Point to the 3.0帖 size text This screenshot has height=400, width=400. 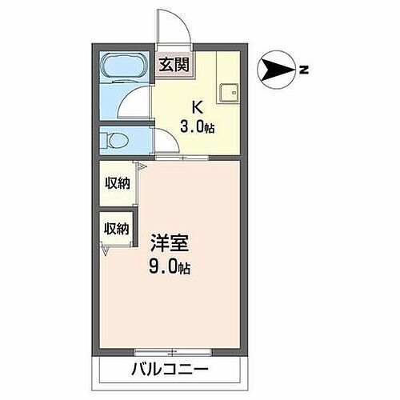[x=197, y=126]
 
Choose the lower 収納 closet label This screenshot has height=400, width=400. [x=116, y=228]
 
